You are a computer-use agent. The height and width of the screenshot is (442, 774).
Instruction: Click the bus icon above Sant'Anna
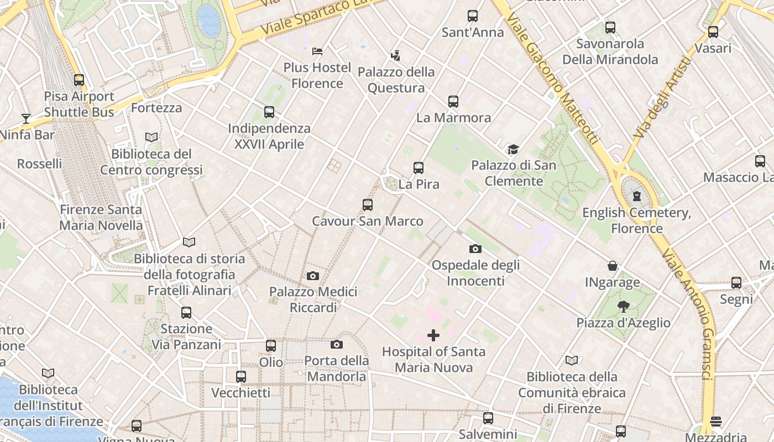473,16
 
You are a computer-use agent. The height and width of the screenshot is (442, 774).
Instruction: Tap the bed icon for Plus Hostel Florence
317,51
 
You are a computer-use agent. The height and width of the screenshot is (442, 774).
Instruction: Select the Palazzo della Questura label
396,80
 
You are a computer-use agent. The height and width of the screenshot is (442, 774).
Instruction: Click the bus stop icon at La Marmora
453,102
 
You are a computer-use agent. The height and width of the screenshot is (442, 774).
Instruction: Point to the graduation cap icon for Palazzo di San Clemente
514,149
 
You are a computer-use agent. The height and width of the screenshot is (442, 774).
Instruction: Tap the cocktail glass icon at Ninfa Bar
25,118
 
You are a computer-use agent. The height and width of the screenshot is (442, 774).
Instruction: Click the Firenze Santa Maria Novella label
101,218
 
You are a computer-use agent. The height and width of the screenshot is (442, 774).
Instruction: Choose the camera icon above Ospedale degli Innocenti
475,249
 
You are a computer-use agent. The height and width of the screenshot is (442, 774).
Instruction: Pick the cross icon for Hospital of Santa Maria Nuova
433,335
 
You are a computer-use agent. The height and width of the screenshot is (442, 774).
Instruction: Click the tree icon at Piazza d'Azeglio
624,307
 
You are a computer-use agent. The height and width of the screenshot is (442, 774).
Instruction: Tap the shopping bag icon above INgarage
613,266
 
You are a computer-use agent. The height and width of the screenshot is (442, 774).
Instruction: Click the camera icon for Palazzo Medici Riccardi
313,276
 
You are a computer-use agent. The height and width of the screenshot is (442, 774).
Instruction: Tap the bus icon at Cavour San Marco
368,205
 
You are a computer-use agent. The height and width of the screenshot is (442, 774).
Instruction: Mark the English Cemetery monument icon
637,196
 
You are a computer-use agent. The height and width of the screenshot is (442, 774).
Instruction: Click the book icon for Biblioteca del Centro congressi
151,137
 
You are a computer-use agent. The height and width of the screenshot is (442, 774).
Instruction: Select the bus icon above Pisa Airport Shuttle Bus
79,80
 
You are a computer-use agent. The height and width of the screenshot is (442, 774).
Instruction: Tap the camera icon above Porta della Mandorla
336,345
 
